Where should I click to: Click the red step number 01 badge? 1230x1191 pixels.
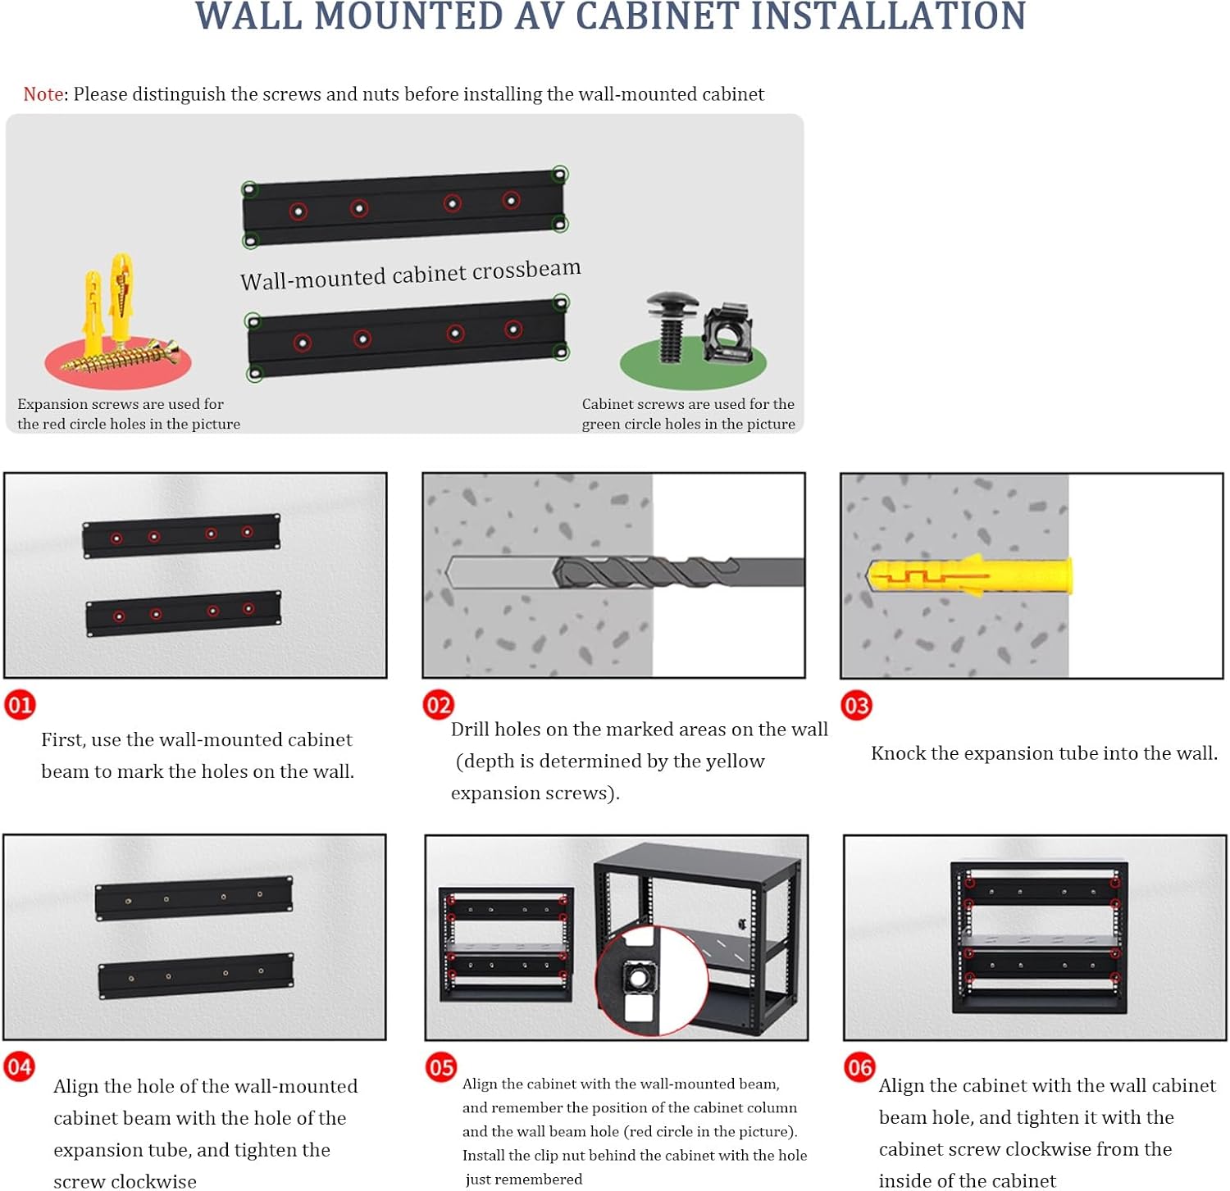pyautogui.click(x=20, y=705)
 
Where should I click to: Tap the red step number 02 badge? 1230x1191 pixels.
pyautogui.click(x=439, y=705)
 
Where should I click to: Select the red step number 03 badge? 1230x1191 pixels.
pyautogui.click(x=857, y=706)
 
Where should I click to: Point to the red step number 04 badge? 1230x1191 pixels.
pyautogui.click(x=20, y=1067)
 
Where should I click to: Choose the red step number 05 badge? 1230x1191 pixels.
pyautogui.click(x=440, y=1067)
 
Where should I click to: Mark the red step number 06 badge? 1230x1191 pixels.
pyautogui.click(x=859, y=1067)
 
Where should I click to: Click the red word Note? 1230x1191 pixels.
pyautogui.click(x=43, y=94)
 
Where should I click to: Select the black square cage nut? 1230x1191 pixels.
pyautogui.click(x=728, y=333)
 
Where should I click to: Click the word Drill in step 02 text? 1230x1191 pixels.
pyautogui.click(x=471, y=730)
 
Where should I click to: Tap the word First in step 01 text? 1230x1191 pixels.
pyautogui.click(x=63, y=740)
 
